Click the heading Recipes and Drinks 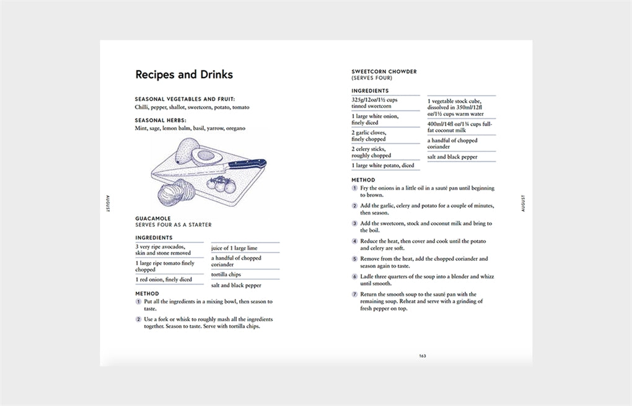pyautogui.click(x=184, y=75)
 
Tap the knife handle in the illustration pyautogui.click(x=247, y=165)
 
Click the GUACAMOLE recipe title pyautogui.click(x=153, y=219)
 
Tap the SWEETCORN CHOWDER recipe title pyautogui.click(x=384, y=72)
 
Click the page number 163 pyautogui.click(x=422, y=356)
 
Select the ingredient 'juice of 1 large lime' pyautogui.click(x=234, y=249)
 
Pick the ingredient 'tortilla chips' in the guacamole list pyautogui.click(x=226, y=275)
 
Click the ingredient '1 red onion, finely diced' pyautogui.click(x=164, y=280)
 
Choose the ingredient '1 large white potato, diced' pyautogui.click(x=383, y=165)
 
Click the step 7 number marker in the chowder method pyautogui.click(x=355, y=294)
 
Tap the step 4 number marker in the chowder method pyautogui.click(x=355, y=241)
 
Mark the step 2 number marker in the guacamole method pyautogui.click(x=138, y=319)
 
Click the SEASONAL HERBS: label pyautogui.click(x=160, y=120)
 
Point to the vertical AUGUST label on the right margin pyautogui.click(x=524, y=203)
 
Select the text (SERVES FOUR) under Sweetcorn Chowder pyautogui.click(x=372, y=79)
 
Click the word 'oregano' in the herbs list pyautogui.click(x=235, y=128)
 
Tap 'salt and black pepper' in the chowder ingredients pyautogui.click(x=452, y=157)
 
